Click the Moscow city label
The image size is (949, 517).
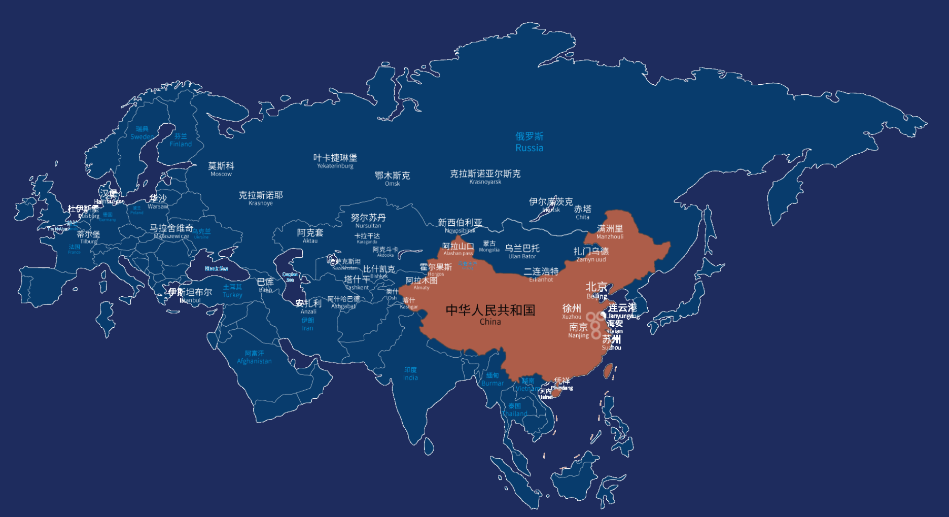point(221,169)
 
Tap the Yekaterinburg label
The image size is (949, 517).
point(335,161)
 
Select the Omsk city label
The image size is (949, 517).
point(392,178)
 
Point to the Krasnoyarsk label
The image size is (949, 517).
point(485,177)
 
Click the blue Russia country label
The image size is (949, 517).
point(529,142)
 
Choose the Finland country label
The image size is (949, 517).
point(181,140)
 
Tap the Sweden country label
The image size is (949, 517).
point(142,133)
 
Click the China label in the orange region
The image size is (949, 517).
point(490,314)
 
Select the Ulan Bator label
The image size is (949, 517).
point(522,251)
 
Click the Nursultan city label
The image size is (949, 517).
point(368,221)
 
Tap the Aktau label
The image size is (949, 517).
point(310,235)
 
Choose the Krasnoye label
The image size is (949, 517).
point(261,198)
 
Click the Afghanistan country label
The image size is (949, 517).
point(254,357)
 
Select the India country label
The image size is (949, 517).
point(410,373)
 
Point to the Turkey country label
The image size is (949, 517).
point(232,291)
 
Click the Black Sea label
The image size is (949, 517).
point(216,268)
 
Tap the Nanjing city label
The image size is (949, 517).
point(578,330)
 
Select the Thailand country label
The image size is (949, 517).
point(515,410)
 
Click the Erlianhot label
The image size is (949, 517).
point(541,274)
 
